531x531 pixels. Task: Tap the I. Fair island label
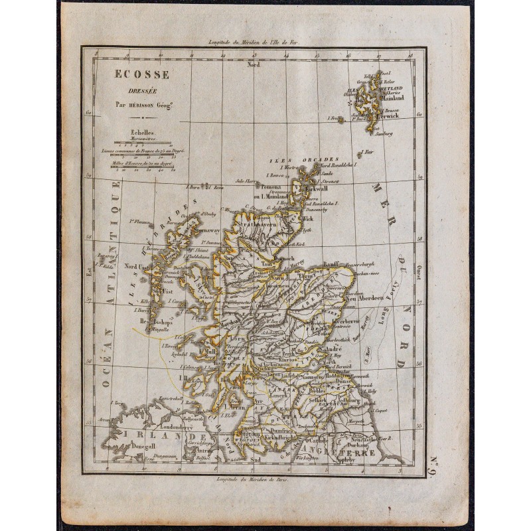[370, 151]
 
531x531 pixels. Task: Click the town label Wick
[307, 217]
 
